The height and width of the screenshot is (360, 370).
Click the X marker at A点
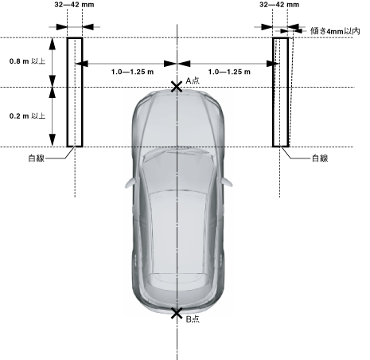click(177, 87)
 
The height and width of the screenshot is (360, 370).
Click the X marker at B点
click(177, 313)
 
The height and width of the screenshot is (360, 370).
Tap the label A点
click(193, 80)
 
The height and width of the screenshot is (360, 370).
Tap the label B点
click(193, 319)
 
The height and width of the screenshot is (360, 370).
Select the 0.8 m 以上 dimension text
click(27, 61)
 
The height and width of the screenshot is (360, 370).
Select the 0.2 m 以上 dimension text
click(27, 116)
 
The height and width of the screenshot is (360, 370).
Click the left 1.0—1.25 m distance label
click(132, 72)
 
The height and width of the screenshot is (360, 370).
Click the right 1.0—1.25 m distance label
click(229, 72)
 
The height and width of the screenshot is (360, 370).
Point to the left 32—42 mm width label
click(74, 5)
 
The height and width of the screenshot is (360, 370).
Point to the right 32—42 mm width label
click(279, 5)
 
